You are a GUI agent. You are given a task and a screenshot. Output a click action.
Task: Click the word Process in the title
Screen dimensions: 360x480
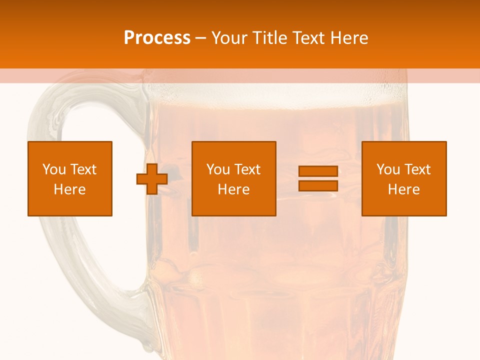(157, 38)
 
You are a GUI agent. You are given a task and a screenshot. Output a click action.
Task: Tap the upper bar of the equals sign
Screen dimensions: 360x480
(318, 171)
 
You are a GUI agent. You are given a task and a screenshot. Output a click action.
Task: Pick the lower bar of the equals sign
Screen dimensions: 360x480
(318, 185)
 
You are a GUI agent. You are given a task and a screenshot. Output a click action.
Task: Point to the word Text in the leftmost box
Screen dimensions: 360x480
(83, 169)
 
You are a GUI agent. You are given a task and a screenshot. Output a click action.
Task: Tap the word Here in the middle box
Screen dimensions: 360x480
(233, 189)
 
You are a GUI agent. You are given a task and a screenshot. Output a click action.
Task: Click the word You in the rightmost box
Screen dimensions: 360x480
(388, 169)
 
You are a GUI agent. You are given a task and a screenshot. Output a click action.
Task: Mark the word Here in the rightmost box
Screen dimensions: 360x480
(403, 189)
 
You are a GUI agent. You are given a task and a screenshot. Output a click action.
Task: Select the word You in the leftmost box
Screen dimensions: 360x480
(54, 169)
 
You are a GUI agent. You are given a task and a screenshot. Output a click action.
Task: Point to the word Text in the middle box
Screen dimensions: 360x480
(247, 169)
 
